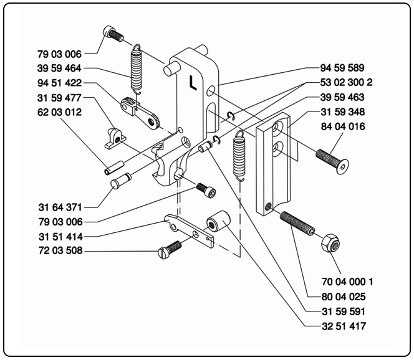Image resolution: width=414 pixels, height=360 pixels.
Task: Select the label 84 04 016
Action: pos(337,128)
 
